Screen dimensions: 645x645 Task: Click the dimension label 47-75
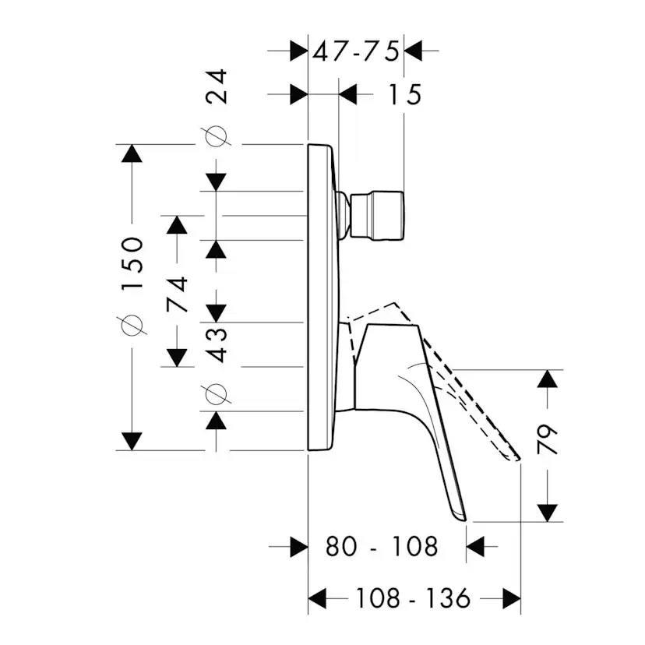356,51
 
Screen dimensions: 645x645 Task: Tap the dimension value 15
405,94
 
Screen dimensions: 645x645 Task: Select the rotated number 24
217,86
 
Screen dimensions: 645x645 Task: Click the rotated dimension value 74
178,295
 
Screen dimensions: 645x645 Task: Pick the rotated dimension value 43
217,345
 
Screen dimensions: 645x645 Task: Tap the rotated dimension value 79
548,439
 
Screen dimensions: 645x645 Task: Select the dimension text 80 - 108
382,547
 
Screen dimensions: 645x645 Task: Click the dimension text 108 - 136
413,598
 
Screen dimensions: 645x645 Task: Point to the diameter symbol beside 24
216,136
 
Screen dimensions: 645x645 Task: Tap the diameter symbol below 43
216,394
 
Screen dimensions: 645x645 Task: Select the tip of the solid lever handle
465,521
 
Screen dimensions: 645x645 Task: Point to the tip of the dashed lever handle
519,459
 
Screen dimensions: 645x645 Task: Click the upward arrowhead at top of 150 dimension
132,153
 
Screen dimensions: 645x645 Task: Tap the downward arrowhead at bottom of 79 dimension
548,513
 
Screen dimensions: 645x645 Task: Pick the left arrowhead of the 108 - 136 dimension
317,598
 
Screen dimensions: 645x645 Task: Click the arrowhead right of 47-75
413,51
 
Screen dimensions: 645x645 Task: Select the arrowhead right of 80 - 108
475,547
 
